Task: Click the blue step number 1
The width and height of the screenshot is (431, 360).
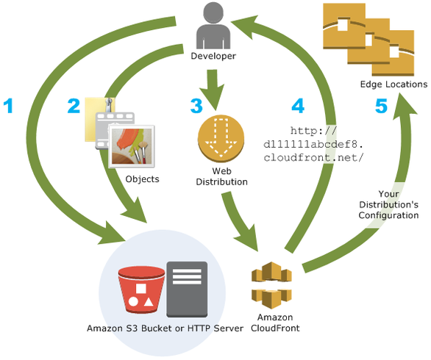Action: click(x=9, y=107)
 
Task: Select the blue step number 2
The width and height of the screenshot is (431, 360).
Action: click(x=73, y=107)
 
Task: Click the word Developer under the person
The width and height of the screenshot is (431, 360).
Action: click(x=213, y=56)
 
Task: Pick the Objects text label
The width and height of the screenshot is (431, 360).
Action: click(x=142, y=179)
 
